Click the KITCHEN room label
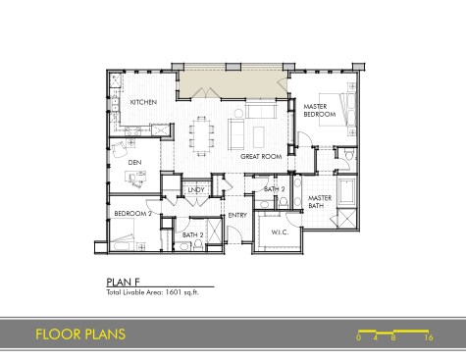pyautogui.click(x=143, y=102)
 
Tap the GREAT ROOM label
pyautogui.click(x=261, y=157)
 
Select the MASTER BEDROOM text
pyautogui.click(x=320, y=110)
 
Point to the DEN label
pyautogui.click(x=134, y=163)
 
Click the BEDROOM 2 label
pyautogui.click(x=132, y=214)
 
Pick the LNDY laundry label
pyautogui.click(x=196, y=189)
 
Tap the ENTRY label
pyautogui.click(x=237, y=215)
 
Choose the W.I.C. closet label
pyautogui.click(x=280, y=232)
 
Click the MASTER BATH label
pyautogui.click(x=320, y=202)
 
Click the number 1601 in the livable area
pyautogui.click(x=174, y=292)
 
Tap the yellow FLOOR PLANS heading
pyautogui.click(x=80, y=334)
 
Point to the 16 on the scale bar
pyautogui.click(x=429, y=337)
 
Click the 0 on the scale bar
pyautogui.click(x=359, y=337)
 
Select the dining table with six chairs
pyautogui.click(x=202, y=135)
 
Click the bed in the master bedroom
pyautogui.click(x=335, y=110)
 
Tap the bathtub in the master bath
pyautogui.click(x=347, y=191)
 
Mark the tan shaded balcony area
pyautogui.click(x=233, y=83)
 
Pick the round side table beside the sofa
pyautogui.click(x=238, y=113)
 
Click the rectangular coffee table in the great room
pyautogui.click(x=259, y=137)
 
